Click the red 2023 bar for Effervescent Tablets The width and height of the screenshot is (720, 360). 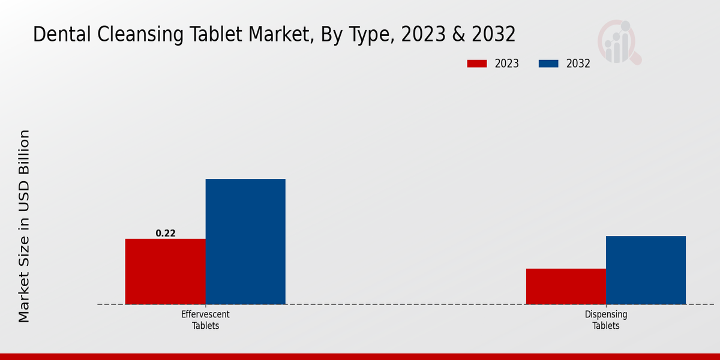point(165,271)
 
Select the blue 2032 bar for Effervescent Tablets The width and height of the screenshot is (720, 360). point(245,241)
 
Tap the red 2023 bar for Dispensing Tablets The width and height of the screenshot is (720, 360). point(566,286)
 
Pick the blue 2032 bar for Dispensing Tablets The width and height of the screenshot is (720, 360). point(646,270)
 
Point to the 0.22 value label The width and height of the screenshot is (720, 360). point(166,233)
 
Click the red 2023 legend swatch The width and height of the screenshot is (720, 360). point(478,64)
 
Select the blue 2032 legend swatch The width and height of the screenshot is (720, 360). point(549,64)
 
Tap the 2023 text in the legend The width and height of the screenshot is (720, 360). point(507,64)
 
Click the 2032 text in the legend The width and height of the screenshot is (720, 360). point(578,64)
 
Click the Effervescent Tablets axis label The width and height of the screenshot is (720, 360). point(205,320)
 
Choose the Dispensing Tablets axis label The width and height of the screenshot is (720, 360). point(606,320)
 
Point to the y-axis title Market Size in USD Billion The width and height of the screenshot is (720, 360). point(24,226)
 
